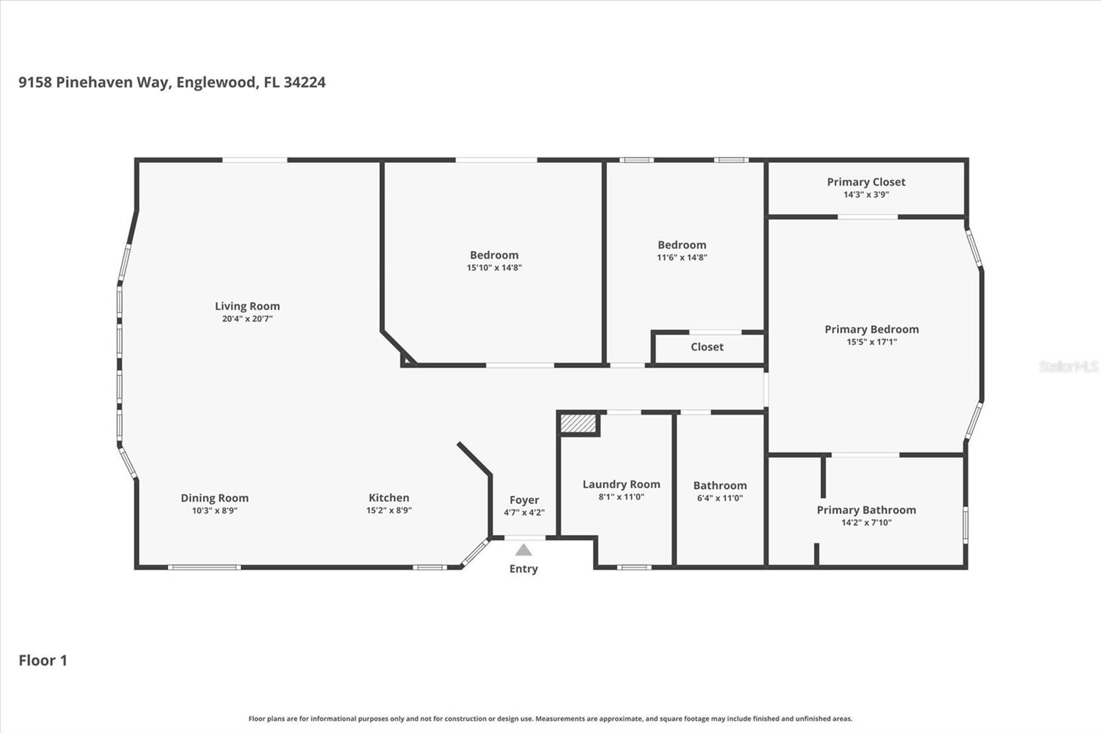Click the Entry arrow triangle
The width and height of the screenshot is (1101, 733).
[x=524, y=550]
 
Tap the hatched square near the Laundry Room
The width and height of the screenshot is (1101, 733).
[x=579, y=424]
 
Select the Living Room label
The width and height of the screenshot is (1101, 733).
[x=247, y=306]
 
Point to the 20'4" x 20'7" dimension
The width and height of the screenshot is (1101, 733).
[x=247, y=319]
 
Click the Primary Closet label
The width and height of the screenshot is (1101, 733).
[x=866, y=182]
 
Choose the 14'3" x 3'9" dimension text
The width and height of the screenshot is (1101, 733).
[x=866, y=195]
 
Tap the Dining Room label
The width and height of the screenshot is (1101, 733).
[x=215, y=498]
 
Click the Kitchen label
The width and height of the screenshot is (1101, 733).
[x=389, y=498]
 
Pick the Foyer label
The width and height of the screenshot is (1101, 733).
[x=524, y=500]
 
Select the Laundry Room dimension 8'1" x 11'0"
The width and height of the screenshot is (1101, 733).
[x=621, y=496]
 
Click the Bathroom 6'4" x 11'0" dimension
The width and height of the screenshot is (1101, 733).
[x=720, y=498]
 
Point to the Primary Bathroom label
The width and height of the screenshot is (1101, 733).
[x=866, y=510]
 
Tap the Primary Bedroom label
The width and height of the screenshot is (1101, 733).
[x=871, y=329]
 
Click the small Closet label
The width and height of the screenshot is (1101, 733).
[x=707, y=347]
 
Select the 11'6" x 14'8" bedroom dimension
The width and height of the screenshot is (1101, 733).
[x=682, y=257]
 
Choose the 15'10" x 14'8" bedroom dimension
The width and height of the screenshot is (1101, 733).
[x=495, y=267]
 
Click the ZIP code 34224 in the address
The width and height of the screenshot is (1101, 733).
[x=305, y=82]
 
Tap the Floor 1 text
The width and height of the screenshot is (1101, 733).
[x=43, y=660]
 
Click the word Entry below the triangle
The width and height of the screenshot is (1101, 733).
[x=524, y=569]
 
